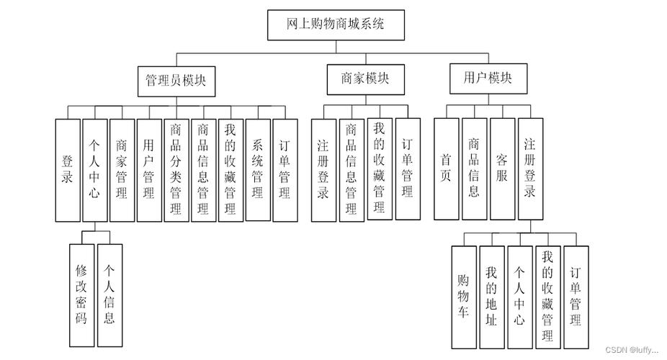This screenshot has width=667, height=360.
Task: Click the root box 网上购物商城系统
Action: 335,24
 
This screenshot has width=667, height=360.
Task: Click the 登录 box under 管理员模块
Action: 68,170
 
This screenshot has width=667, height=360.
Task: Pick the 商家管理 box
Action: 122,170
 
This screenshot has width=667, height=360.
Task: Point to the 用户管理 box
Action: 148,170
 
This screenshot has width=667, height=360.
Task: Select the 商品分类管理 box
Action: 176,170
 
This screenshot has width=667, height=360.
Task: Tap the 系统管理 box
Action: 258,170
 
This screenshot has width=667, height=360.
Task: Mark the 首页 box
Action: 446,168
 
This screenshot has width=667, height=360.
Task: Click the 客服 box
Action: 501,168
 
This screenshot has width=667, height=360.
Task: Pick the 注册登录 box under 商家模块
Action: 323,170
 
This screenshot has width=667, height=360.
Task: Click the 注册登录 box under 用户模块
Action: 530,168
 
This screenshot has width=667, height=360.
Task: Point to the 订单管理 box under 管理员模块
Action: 285,170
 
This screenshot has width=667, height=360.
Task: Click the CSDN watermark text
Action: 631,350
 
